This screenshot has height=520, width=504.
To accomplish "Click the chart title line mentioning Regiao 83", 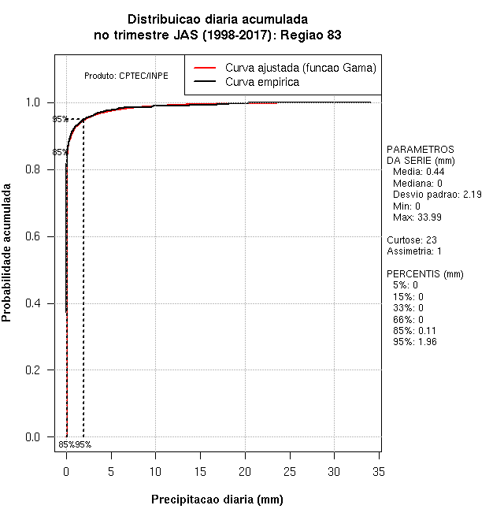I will (217, 35).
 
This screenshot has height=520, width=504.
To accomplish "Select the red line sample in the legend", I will (205, 68).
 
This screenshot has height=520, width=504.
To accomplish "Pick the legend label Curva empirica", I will (261, 82).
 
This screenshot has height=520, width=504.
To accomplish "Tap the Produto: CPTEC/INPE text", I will (126, 76).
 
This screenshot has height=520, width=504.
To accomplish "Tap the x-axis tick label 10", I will (156, 471).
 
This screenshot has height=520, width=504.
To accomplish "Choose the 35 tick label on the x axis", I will (379, 471).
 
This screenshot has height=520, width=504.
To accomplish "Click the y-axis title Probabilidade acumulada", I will (7, 252).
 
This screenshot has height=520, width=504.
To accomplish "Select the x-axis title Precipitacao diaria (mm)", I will (217, 500).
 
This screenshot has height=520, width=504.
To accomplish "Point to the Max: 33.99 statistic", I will (418, 217).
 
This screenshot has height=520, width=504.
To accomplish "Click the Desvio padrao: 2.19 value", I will (437, 194).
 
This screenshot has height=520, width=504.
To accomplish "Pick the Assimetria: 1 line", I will (414, 251).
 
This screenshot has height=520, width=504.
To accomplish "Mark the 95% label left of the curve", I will (60, 120).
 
